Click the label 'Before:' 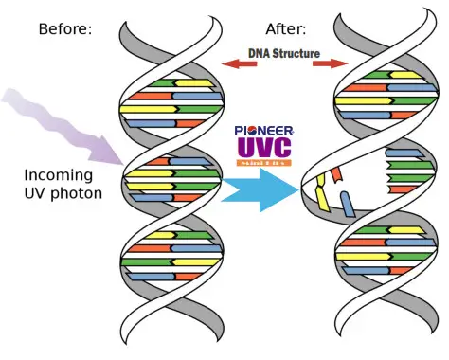pyautogui.click(x=64, y=28)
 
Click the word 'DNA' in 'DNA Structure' pyautogui.click(x=260, y=54)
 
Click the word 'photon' pyautogui.click(x=80, y=195)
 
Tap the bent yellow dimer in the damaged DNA pyautogui.click(x=325, y=190)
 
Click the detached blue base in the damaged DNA pyautogui.click(x=348, y=201)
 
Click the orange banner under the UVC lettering pyautogui.click(x=264, y=165)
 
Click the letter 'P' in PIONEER pyautogui.click(x=238, y=132)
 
